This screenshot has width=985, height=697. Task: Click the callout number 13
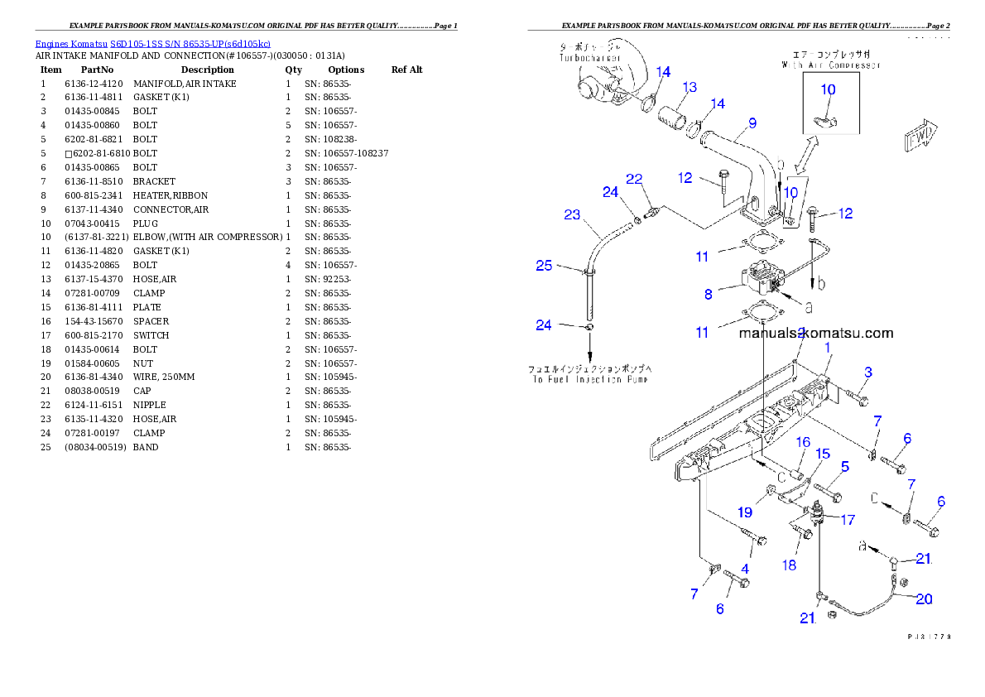[x=689, y=87]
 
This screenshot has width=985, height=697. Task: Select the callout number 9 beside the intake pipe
[x=752, y=123]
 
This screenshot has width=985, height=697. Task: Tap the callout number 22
[x=634, y=179]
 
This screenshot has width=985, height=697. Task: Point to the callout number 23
[x=572, y=214]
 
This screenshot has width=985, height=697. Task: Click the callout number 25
[x=544, y=266]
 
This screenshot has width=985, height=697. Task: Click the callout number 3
[x=867, y=373]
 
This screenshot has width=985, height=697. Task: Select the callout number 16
[x=803, y=443]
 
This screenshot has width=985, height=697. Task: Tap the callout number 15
[x=823, y=454]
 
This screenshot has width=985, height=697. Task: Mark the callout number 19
[x=745, y=513]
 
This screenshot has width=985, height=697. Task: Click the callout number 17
[x=848, y=520]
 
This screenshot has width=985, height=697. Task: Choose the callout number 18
[x=789, y=565]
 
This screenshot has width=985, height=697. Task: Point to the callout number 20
[x=923, y=598]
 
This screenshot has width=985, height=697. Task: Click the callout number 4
[x=745, y=569]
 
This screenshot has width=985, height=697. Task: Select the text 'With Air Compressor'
[x=830, y=65]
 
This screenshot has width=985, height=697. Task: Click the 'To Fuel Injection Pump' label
[x=589, y=378]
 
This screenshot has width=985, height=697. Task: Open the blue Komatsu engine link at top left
[x=152, y=43]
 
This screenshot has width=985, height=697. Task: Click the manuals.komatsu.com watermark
[x=816, y=334]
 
